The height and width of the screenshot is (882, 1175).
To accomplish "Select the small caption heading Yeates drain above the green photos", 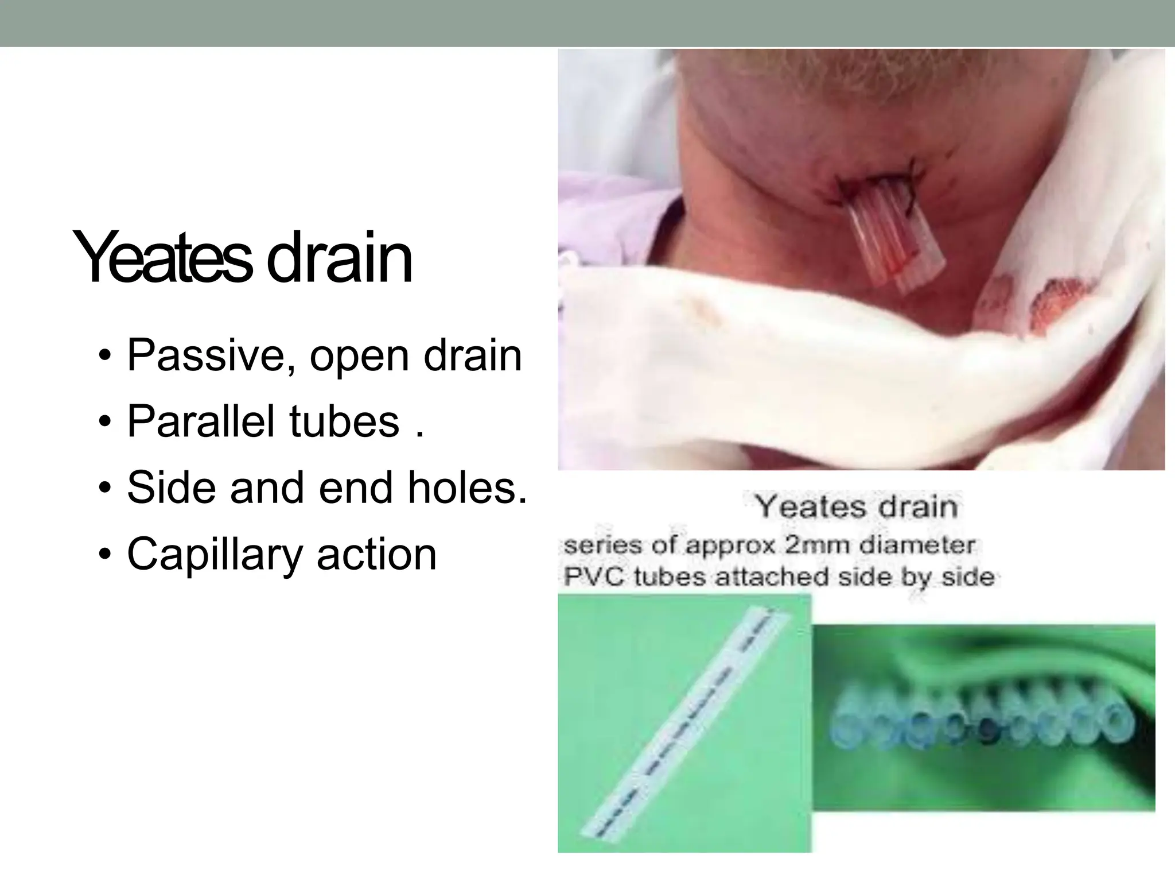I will click(856, 507).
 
